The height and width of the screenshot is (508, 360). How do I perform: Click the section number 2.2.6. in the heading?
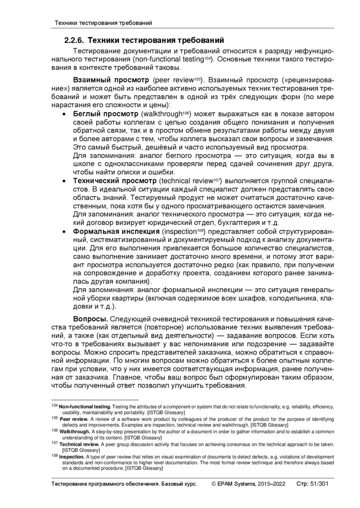74,40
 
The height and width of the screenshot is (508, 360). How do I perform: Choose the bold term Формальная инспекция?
117,232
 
